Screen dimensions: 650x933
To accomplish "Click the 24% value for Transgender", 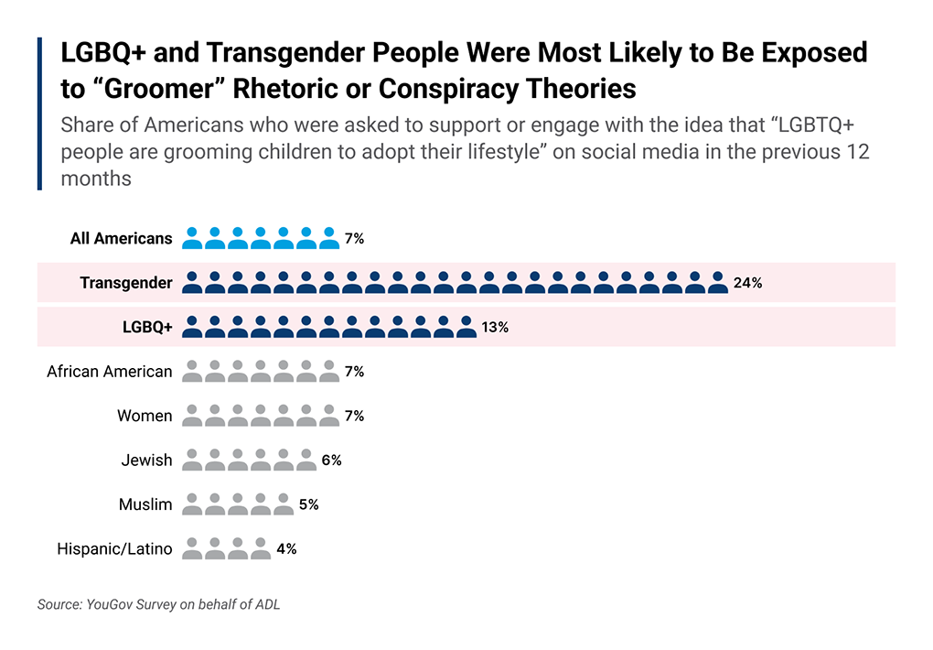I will point(747,283).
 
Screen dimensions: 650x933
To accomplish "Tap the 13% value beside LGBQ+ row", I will point(495,327).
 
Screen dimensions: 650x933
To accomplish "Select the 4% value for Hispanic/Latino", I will point(286,549).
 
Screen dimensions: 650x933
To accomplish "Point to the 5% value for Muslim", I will point(308,504).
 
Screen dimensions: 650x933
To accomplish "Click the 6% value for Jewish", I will point(331,460).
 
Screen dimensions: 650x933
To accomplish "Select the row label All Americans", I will point(121,238).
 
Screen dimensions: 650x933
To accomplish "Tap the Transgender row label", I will point(125,283).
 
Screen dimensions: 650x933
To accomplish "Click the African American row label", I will point(109,372).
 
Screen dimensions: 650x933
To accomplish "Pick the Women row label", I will point(145,416).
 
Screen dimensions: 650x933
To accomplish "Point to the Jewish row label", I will point(146,460).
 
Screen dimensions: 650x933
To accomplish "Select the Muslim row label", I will point(145,504).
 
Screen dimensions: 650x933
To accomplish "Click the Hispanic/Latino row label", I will point(114,549).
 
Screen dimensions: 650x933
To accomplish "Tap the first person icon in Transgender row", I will point(192,282).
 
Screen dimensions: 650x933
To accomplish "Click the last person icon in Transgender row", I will point(718,282).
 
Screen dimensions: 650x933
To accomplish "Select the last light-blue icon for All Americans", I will point(329,238).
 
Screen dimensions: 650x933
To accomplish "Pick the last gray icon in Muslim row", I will point(284,504).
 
